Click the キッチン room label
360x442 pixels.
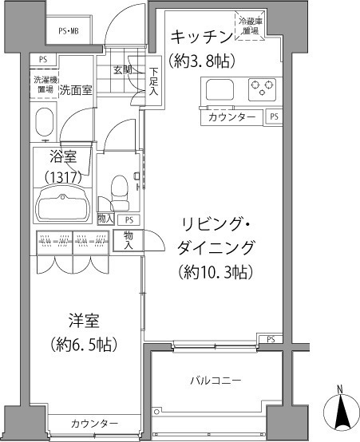point(200,37)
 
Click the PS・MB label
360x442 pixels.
point(68,31)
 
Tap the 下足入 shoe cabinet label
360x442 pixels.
point(153,81)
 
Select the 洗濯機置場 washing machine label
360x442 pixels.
point(44,85)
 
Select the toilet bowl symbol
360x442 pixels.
point(118,188)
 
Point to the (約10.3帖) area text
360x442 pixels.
point(216,272)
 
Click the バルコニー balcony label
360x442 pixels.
point(215,381)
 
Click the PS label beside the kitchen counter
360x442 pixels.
point(274,116)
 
